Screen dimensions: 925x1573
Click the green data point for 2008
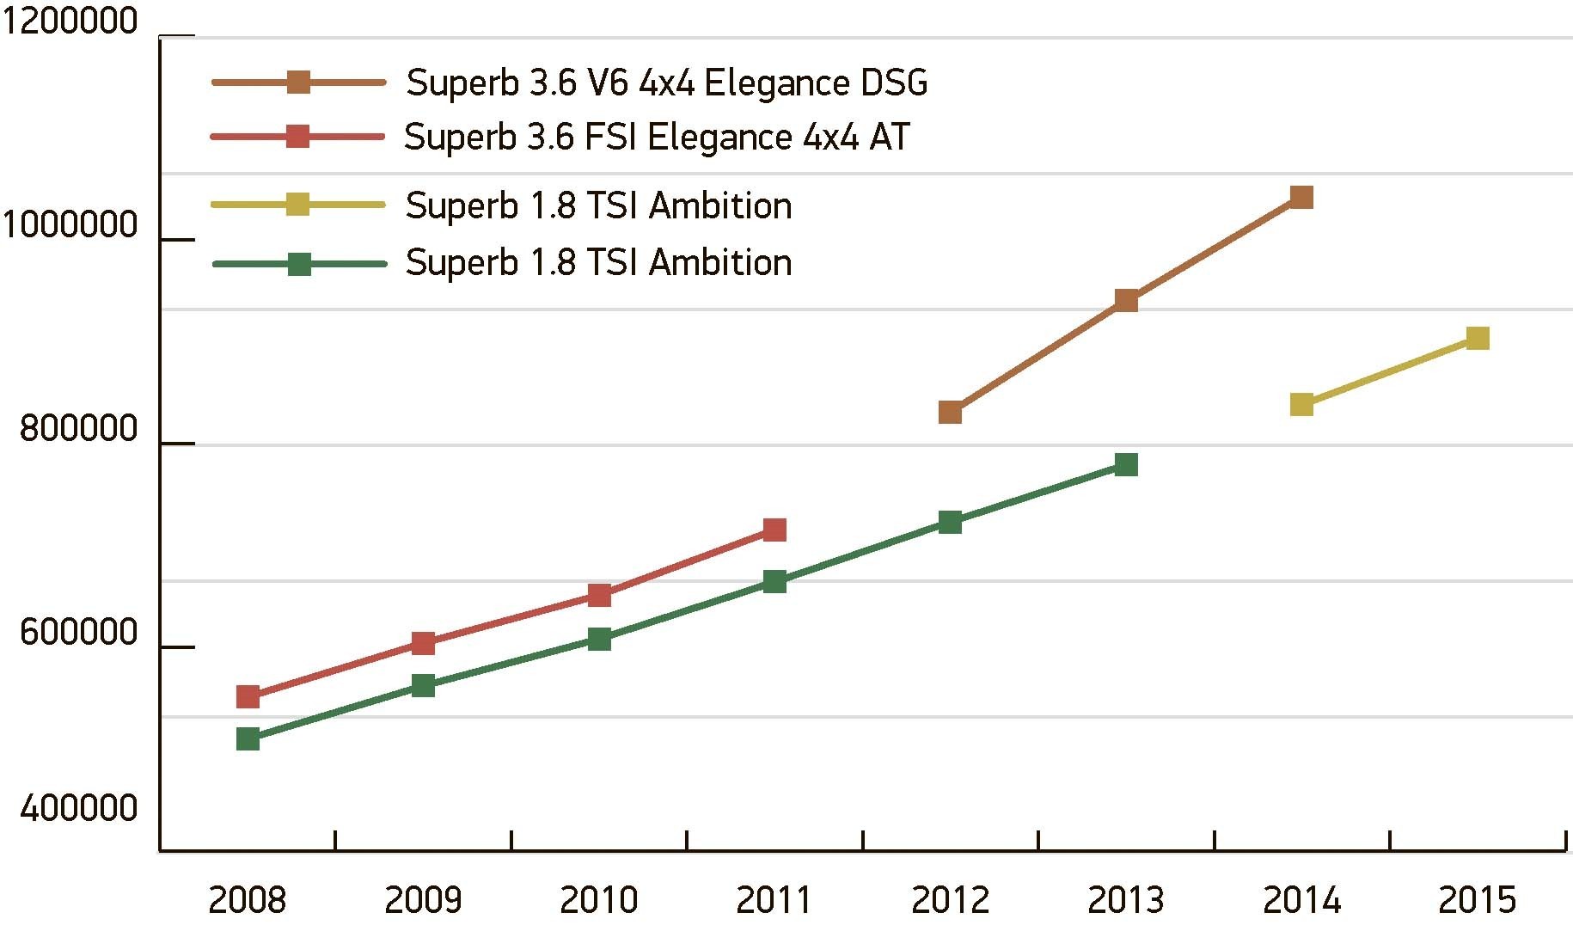click(x=248, y=738)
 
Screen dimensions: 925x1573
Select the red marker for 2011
click(x=774, y=530)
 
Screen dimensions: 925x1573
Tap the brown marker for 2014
click(x=1301, y=198)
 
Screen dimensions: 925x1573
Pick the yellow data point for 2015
click(x=1477, y=338)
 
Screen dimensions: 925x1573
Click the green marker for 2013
click(x=1126, y=465)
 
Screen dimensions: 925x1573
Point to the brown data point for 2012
click(x=950, y=413)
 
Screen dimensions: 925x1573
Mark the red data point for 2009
click(x=423, y=642)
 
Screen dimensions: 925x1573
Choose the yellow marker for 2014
click(x=1301, y=404)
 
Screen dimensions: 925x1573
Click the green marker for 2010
click(x=599, y=639)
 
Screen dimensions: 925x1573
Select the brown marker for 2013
click(x=1126, y=300)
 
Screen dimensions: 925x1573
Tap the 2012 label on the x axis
click(x=950, y=900)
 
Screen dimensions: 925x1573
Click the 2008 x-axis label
click(x=248, y=900)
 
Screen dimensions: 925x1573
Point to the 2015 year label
click(x=1477, y=900)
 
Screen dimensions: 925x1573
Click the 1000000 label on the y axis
click(x=70, y=224)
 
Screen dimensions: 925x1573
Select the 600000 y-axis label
click(x=78, y=633)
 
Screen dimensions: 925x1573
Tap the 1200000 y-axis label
click(x=70, y=21)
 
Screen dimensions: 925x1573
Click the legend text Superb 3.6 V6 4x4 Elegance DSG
click(x=666, y=83)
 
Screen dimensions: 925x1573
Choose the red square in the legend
click(x=297, y=136)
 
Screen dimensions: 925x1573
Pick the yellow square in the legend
click(x=297, y=204)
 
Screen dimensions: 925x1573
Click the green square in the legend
click(x=298, y=264)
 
